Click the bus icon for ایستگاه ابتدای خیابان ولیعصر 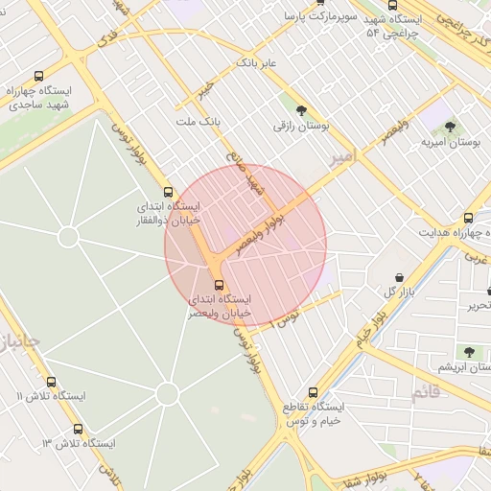219,285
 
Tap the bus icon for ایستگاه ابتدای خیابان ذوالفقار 169,192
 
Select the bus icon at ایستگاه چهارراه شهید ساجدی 38,77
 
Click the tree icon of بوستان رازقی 302,110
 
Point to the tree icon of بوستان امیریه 450,127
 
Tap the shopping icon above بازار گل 399,277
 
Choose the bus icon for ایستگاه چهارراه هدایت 468,219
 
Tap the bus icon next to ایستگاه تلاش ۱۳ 78,429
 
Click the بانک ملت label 199,123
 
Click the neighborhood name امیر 340,155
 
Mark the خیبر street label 205,89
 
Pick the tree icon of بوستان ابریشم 469,352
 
